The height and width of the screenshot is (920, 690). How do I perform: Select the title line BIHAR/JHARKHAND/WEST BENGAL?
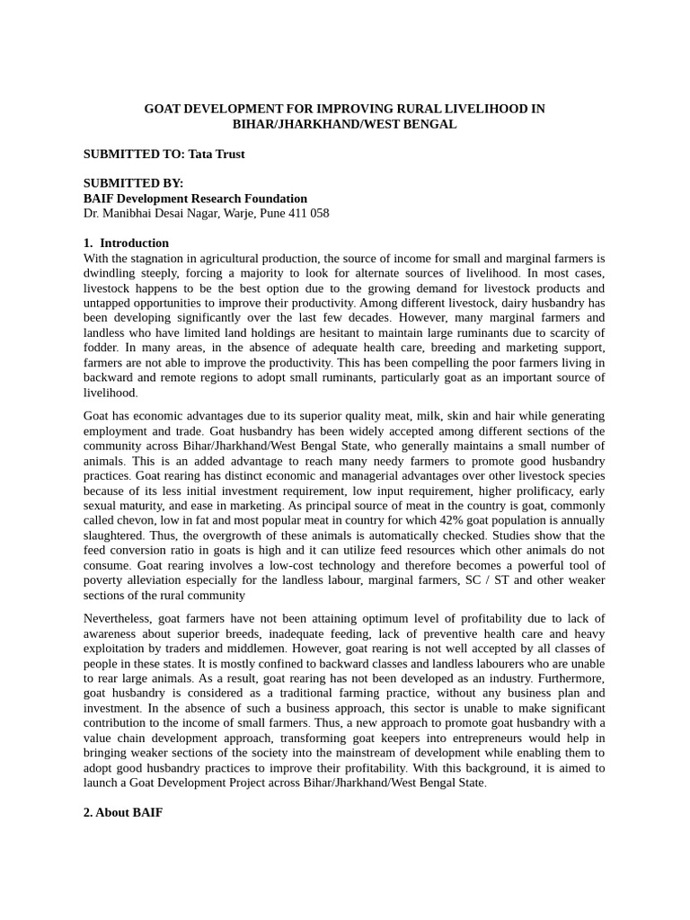pyautogui.click(x=344, y=124)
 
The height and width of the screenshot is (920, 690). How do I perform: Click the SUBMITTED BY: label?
pyautogui.click(x=133, y=183)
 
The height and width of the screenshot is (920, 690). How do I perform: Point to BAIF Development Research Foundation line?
pyautogui.click(x=195, y=199)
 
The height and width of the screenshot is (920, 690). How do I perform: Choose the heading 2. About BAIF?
pyautogui.click(x=123, y=812)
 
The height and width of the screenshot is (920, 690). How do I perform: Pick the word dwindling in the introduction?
pyautogui.click(x=111, y=273)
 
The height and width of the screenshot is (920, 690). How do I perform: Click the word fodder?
pyautogui.click(x=103, y=348)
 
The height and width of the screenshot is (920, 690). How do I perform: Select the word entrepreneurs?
pyautogui.click(x=468, y=738)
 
